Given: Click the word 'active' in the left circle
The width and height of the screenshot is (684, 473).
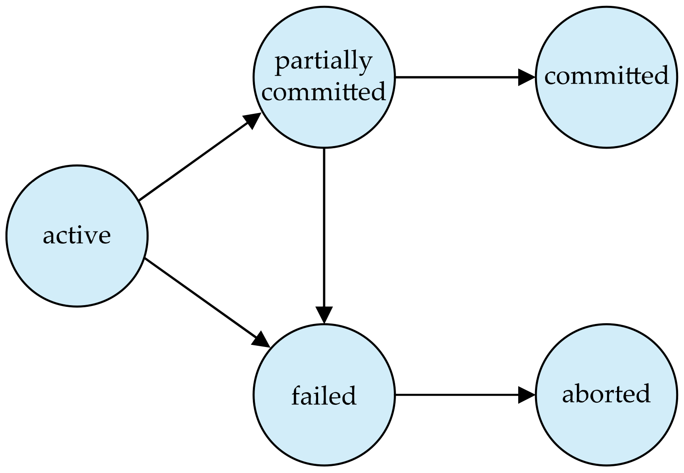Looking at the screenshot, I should click(x=77, y=235).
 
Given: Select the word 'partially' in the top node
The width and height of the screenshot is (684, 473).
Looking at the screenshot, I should click(x=323, y=62).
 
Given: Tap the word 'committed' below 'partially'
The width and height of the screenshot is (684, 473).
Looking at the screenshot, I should click(x=323, y=91).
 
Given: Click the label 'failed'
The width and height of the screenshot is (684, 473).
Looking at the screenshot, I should click(x=324, y=395).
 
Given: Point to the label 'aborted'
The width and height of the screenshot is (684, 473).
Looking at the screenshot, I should click(x=606, y=394).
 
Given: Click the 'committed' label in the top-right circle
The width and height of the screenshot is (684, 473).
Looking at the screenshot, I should click(x=606, y=76).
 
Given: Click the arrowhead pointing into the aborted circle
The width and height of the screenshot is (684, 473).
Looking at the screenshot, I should click(x=527, y=395).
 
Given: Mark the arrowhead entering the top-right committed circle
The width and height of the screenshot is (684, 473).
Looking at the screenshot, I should click(x=527, y=77).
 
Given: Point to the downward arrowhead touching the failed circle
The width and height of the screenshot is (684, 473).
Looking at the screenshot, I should click(x=324, y=315).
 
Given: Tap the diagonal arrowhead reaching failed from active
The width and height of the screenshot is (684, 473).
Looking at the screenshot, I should click(x=261, y=339).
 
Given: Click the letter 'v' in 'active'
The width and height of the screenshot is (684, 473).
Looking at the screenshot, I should click(x=93, y=236).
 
